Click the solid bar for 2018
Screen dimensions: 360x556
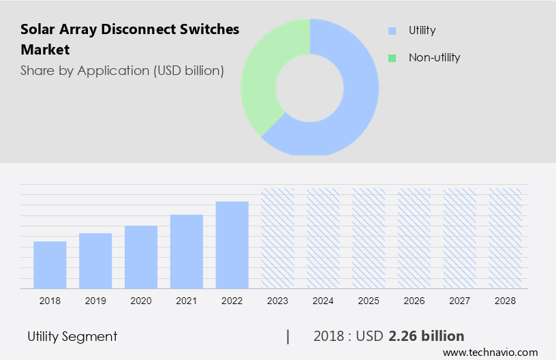coord(50,265)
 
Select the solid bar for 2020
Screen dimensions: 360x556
coord(141,257)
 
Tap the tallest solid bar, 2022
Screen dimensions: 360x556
coord(232,244)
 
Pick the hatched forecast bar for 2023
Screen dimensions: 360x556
coord(278,238)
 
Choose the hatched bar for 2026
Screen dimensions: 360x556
coord(415,238)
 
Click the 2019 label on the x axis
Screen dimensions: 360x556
coord(95,300)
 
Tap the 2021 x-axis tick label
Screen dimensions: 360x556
coord(187,300)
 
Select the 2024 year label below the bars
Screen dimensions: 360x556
coord(324,300)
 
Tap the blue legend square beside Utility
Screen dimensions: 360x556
coord(392,31)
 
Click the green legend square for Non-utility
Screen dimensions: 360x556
coord(392,58)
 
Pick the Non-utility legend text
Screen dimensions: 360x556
coord(434,57)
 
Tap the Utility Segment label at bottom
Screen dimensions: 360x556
coord(72,336)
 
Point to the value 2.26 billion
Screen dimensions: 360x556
coord(427,336)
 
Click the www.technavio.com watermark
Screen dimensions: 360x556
coord(491,352)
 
